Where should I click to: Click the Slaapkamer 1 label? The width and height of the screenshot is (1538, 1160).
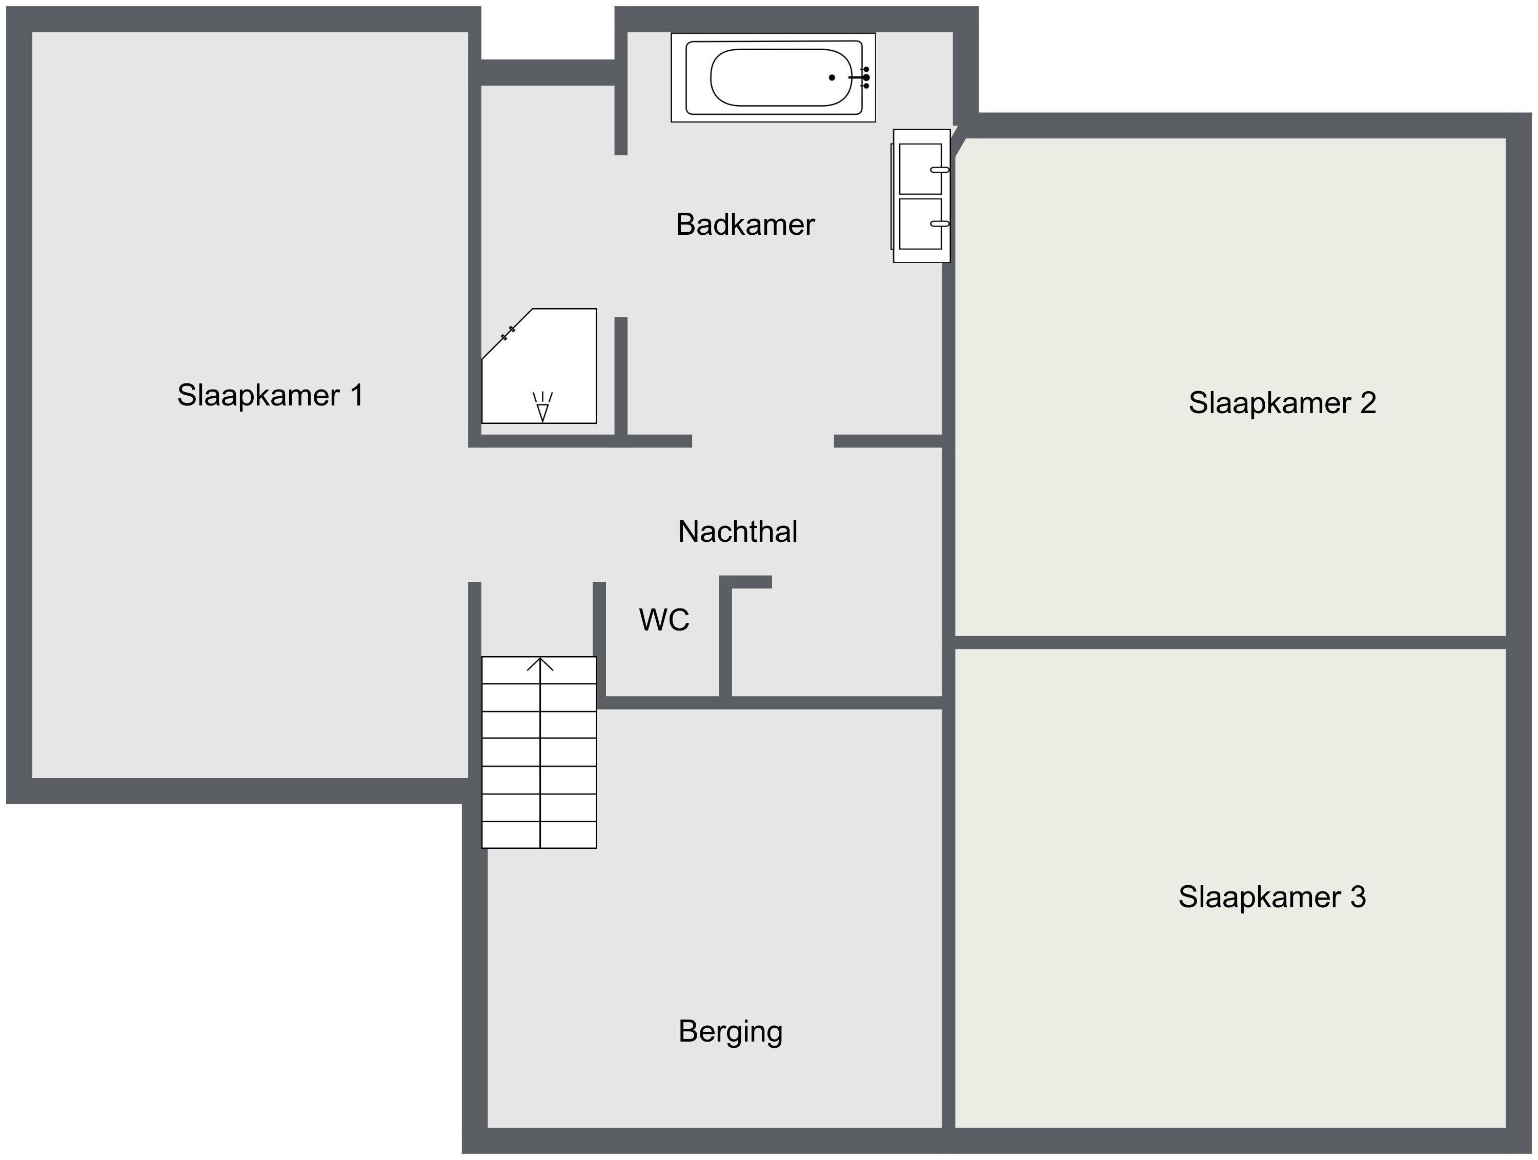(x=271, y=396)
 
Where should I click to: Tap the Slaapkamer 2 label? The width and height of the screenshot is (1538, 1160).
(x=1282, y=403)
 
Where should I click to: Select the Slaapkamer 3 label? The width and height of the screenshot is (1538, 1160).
(x=1272, y=897)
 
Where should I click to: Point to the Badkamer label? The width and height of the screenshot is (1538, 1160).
(x=745, y=225)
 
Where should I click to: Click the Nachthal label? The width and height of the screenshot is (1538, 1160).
(x=738, y=532)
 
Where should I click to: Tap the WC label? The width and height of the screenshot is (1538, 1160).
(x=664, y=620)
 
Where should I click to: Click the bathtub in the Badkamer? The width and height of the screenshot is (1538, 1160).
(x=773, y=78)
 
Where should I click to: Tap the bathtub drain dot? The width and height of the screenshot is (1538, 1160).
(x=832, y=78)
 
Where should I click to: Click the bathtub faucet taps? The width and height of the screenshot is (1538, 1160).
(x=861, y=77)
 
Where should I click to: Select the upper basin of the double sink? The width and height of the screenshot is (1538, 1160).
(x=921, y=169)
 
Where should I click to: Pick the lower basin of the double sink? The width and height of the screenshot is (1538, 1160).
(x=921, y=224)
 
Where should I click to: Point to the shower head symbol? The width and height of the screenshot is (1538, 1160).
(x=542, y=408)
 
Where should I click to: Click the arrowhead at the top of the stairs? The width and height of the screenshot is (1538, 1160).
(x=540, y=664)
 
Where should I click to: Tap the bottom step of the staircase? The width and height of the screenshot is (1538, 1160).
(x=539, y=835)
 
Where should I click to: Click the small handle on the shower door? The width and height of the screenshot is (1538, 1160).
(x=508, y=333)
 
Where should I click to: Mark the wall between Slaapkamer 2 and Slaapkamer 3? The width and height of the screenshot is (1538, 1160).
(x=1230, y=642)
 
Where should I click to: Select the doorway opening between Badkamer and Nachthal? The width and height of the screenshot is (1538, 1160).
(x=763, y=441)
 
